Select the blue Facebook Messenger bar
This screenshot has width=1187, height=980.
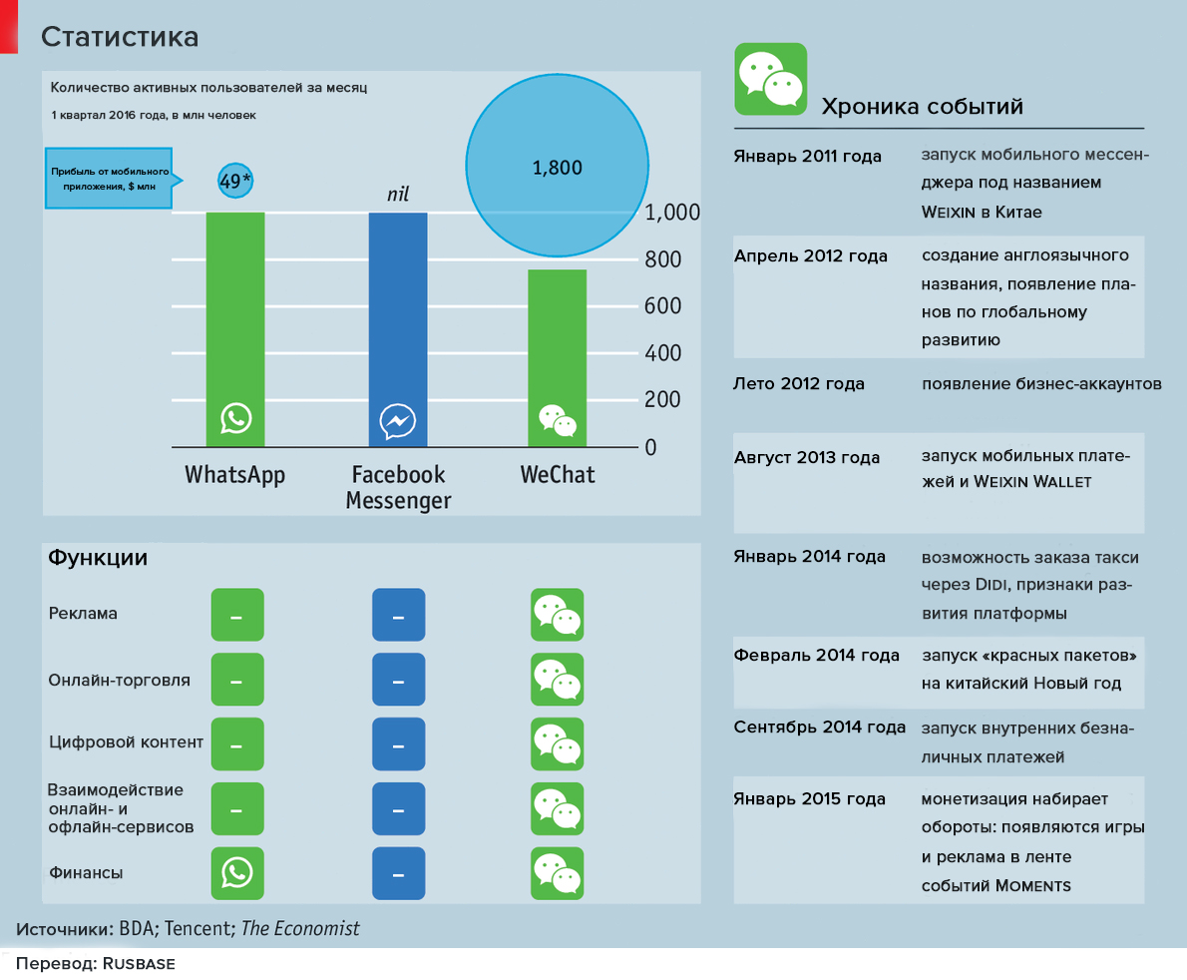pyautogui.click(x=397, y=309)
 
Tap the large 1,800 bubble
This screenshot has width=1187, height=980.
pyautogui.click(x=557, y=168)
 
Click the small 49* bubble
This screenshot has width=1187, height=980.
pyautogui.click(x=235, y=180)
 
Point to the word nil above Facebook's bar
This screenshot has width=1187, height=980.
pyautogui.click(x=398, y=193)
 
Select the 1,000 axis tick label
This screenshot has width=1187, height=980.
pyautogui.click(x=672, y=213)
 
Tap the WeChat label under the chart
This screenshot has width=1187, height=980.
pyautogui.click(x=557, y=474)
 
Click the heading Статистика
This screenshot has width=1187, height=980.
pyautogui.click(x=120, y=37)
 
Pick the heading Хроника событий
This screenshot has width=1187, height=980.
pyautogui.click(x=921, y=107)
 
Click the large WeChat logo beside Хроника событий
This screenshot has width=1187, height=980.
pyautogui.click(x=770, y=78)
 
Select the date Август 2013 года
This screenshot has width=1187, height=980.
pyautogui.click(x=807, y=457)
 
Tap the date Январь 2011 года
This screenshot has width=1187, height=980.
pyautogui.click(x=807, y=157)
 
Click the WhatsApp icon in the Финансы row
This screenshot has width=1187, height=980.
pyautogui.click(x=236, y=873)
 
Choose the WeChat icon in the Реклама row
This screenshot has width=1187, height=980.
pyautogui.click(x=557, y=615)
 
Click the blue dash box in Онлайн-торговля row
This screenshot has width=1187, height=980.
pyautogui.click(x=398, y=681)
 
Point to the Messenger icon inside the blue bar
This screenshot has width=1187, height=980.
pyautogui.click(x=397, y=421)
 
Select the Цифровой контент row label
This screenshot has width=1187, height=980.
pyautogui.click(x=126, y=741)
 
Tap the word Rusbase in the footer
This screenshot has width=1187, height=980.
pyautogui.click(x=140, y=965)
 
